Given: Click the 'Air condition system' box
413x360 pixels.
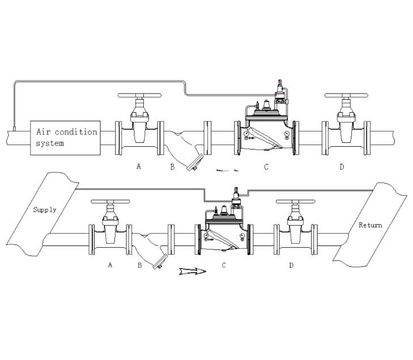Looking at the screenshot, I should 65,138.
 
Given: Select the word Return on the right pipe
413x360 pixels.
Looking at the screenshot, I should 370,225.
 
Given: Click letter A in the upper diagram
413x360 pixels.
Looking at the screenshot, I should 138,166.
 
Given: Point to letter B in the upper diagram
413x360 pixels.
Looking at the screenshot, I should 172,167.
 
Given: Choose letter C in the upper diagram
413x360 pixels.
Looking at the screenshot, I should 266,167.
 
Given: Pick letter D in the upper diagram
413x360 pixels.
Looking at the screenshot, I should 341,167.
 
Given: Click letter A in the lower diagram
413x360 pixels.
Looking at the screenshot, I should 110,264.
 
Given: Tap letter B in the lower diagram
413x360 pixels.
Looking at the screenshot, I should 139,265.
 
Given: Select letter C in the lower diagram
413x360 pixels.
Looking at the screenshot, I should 224,265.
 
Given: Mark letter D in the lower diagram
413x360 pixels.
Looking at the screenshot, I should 291,265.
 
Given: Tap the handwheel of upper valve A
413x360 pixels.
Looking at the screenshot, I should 139,96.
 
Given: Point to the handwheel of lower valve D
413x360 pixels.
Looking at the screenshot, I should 296,202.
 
